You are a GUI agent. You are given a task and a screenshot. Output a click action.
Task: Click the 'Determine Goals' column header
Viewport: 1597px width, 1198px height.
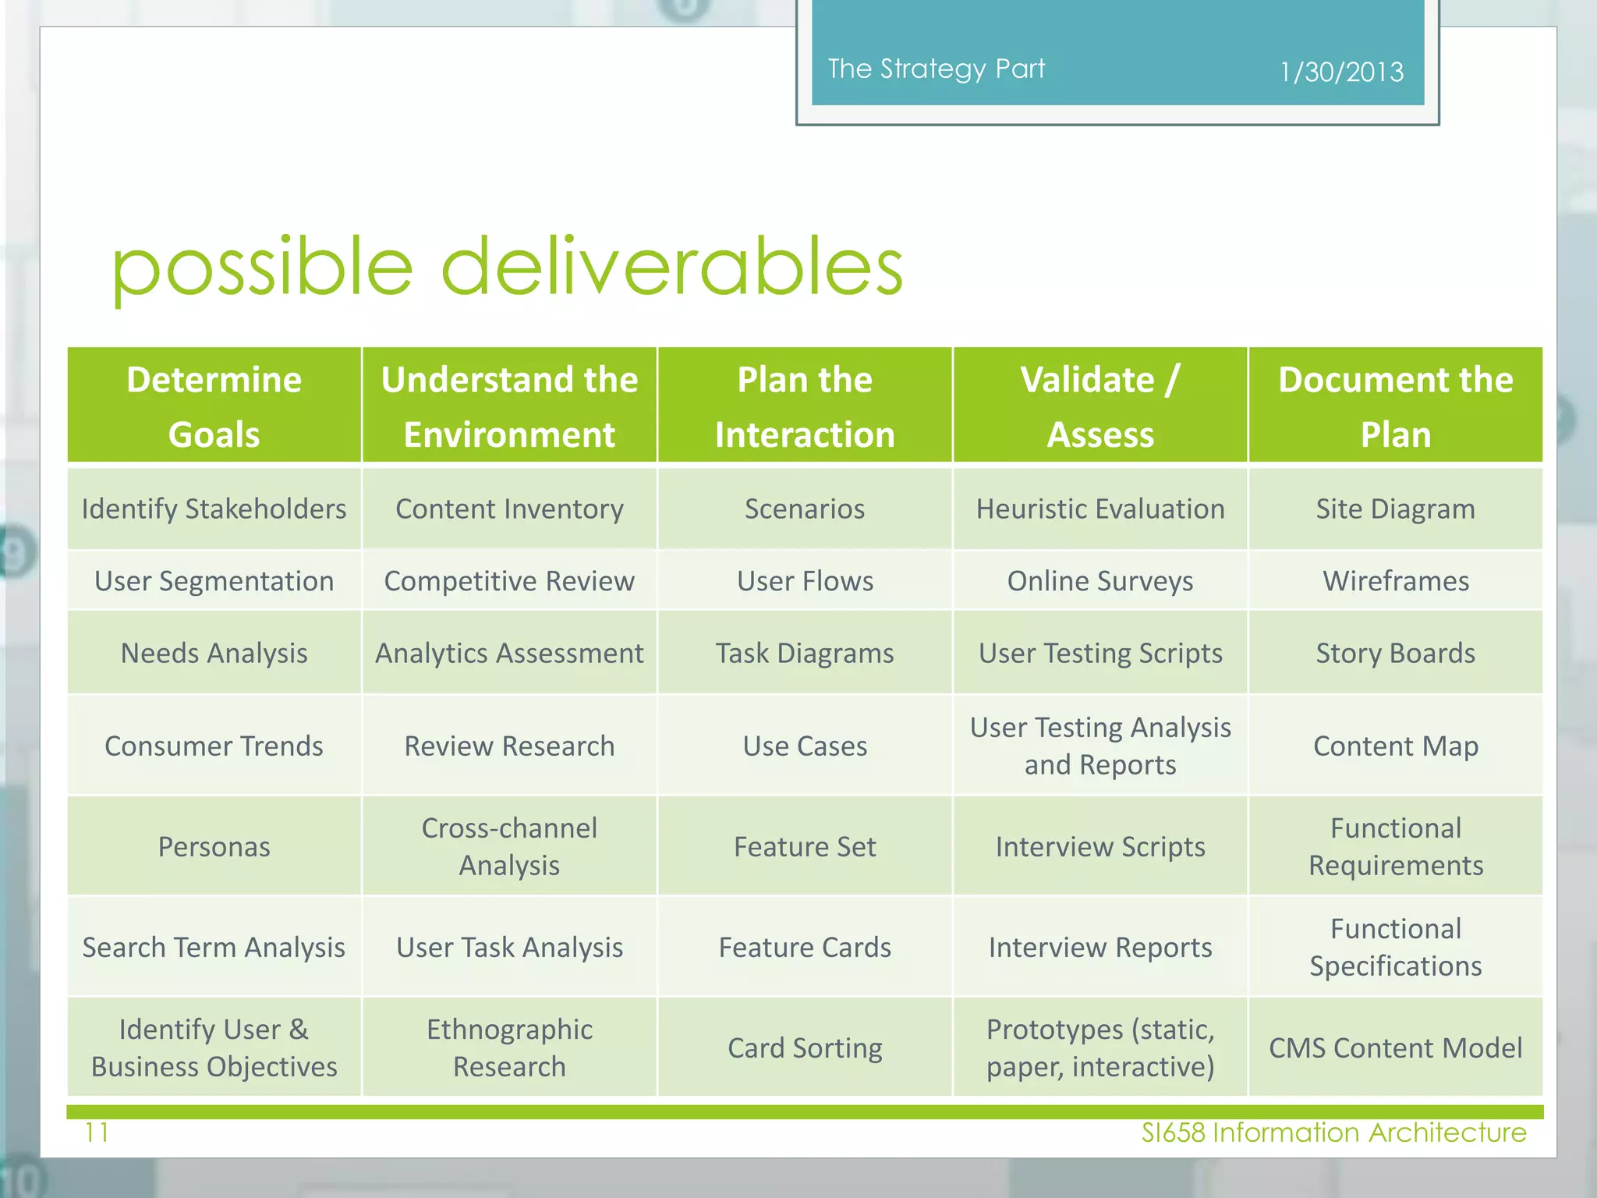tap(214, 406)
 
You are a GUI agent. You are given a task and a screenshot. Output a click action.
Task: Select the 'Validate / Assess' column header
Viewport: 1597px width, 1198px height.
tap(1099, 406)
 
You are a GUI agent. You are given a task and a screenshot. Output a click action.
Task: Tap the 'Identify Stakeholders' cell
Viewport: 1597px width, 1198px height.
tap(214, 509)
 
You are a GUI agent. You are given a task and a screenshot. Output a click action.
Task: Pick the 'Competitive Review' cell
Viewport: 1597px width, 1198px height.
tap(509, 581)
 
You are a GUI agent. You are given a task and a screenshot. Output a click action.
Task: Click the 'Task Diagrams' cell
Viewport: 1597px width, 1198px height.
tap(805, 653)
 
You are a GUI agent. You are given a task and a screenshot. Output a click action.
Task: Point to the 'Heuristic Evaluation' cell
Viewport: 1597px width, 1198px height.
tap(1099, 509)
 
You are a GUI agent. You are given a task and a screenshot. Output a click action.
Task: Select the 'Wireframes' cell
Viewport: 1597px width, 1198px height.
tap(1395, 581)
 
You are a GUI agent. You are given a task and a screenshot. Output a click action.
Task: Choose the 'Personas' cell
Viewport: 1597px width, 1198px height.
tap(214, 847)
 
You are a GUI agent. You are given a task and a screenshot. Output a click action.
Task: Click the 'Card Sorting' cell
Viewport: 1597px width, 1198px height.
tap(805, 1048)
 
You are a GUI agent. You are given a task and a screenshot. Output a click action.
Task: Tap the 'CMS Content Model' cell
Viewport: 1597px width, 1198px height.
tap(1395, 1048)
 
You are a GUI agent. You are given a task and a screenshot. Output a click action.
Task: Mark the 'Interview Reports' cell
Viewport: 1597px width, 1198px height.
tap(1099, 948)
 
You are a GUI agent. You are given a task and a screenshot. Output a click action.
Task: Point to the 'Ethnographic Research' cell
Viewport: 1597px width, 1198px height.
tap(509, 1048)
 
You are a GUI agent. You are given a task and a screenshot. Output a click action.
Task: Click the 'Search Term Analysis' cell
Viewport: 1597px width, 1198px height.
tap(214, 948)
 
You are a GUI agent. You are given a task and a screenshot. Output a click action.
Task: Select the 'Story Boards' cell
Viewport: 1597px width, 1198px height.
tap(1395, 653)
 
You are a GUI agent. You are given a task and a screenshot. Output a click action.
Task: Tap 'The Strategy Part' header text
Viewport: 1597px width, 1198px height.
tap(936, 69)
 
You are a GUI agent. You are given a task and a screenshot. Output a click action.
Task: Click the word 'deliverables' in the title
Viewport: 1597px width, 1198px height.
tap(671, 267)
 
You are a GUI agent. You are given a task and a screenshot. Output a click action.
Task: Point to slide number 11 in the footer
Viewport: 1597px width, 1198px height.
tap(97, 1132)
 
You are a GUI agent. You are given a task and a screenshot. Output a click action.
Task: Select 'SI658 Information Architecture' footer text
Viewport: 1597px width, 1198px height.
tap(1333, 1132)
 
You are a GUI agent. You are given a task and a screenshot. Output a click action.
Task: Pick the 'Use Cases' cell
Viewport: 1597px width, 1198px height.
tap(805, 746)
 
